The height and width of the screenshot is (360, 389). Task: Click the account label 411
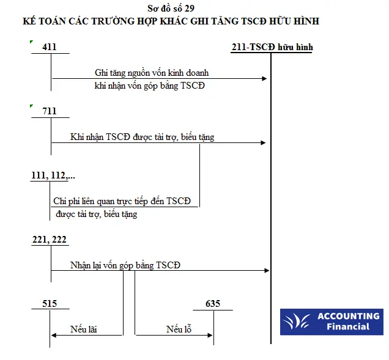point(50,47)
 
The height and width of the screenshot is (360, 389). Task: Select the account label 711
point(50,111)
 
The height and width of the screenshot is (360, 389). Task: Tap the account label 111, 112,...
point(53,175)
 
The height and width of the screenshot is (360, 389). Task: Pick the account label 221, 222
point(50,240)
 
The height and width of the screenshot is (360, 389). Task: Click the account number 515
point(50,304)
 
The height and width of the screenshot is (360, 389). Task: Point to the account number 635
point(213,304)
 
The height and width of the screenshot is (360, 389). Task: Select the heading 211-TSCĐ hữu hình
point(272,47)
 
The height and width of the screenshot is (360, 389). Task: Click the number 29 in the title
point(190,9)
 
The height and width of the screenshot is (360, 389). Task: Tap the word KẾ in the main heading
point(29,21)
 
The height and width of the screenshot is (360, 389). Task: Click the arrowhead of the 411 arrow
point(264,79)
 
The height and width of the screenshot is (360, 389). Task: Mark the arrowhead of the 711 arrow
point(264,143)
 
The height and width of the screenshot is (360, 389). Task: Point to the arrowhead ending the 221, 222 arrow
point(267,271)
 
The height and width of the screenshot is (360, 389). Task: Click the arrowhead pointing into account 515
point(54,336)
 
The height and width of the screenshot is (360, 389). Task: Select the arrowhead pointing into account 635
point(210,336)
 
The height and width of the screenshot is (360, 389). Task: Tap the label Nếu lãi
point(84,329)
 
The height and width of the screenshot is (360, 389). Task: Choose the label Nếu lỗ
point(179,329)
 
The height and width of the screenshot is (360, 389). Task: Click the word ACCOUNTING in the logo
point(349,316)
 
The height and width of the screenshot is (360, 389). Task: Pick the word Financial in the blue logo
point(348,326)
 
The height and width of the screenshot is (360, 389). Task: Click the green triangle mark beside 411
point(31,42)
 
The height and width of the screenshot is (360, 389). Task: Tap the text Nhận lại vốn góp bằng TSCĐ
point(125,265)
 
